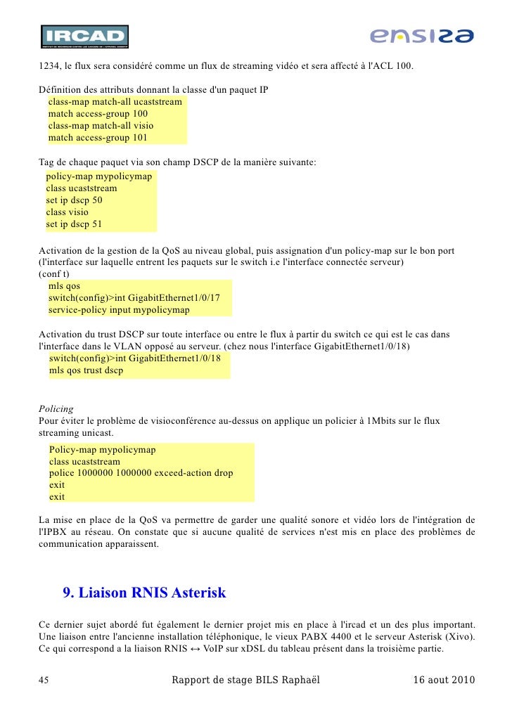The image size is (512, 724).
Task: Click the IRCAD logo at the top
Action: [84, 37]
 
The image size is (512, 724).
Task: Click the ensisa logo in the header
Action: [422, 36]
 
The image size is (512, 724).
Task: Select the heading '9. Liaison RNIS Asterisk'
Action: [144, 593]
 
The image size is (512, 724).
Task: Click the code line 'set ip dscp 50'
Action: [74, 200]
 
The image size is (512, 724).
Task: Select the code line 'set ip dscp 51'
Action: [74, 224]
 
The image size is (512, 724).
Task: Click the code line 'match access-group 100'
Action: [98, 113]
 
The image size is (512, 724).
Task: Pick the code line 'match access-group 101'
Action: [98, 138]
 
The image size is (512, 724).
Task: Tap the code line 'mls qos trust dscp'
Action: [86, 370]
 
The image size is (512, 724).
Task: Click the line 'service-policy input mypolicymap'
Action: [119, 310]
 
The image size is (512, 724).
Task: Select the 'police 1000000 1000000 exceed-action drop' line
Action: [141, 473]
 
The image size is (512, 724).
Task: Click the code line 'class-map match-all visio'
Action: [101, 126]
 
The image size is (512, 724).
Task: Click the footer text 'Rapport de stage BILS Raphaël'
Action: [245, 680]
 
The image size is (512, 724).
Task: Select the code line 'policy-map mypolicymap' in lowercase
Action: [98, 176]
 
